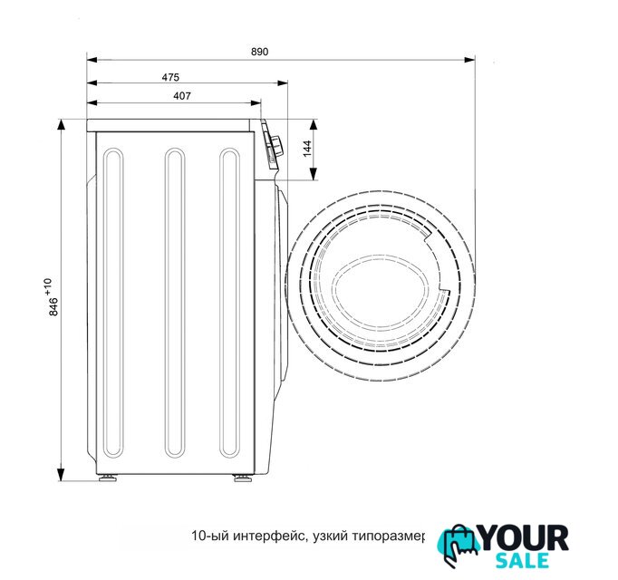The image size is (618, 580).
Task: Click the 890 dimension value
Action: tap(259, 52)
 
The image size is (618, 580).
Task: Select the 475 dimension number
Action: tap(170, 77)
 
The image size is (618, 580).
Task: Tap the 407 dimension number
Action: tap(182, 96)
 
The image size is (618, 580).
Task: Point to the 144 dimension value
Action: tap(308, 149)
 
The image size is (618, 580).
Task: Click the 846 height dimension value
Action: tap(53, 306)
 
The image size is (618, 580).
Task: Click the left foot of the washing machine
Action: tap(107, 478)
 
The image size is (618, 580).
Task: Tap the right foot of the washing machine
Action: tap(241, 478)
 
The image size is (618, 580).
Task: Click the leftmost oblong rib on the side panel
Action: tap(113, 303)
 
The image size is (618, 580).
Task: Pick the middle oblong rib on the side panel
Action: tap(175, 303)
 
